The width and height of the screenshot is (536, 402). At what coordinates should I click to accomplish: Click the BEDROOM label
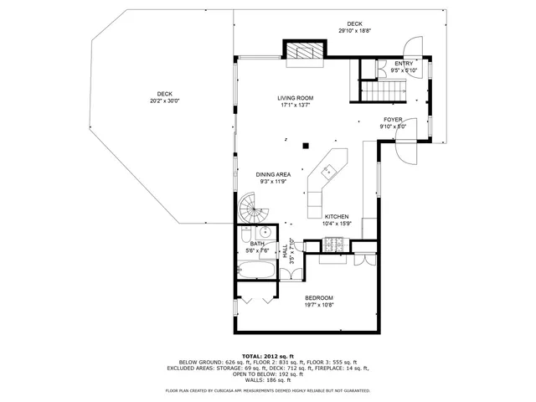point(319,298)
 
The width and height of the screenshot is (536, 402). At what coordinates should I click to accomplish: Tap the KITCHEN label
point(336,216)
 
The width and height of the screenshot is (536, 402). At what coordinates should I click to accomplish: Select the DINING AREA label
point(274,174)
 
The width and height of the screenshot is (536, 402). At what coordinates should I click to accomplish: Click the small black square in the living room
point(307,143)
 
